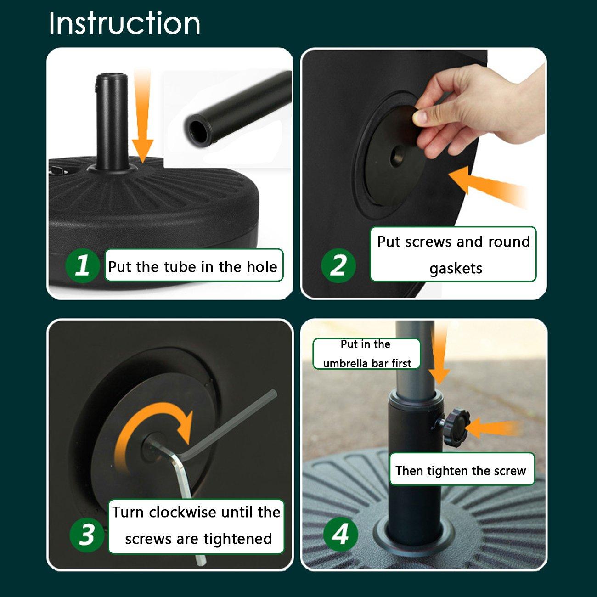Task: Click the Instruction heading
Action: click(x=124, y=23)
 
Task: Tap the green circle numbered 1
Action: click(x=82, y=265)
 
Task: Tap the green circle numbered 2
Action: click(x=338, y=265)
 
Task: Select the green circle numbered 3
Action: click(x=87, y=535)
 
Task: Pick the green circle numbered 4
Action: click(x=340, y=535)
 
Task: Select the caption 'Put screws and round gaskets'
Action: click(x=453, y=254)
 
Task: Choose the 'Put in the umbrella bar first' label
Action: click(x=366, y=354)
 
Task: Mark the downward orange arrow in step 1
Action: click(x=142, y=116)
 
